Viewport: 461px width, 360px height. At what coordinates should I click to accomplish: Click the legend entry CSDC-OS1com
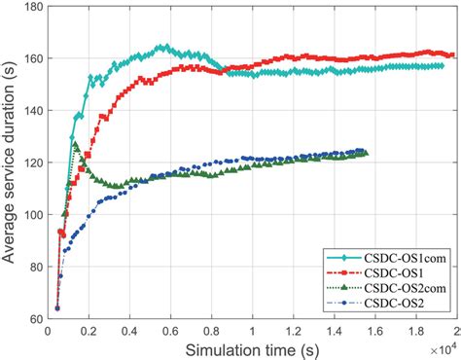coord(393,255)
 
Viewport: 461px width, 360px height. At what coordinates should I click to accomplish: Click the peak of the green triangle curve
coord(75,145)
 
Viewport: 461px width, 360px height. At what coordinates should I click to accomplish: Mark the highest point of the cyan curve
coord(163,46)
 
